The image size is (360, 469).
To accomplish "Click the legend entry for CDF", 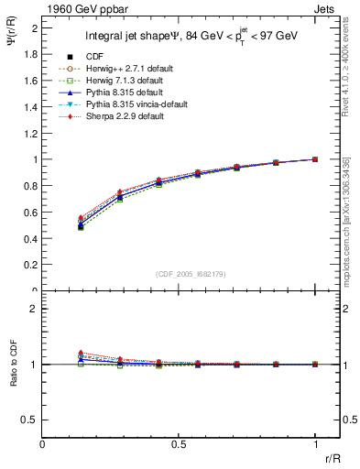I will [93, 57].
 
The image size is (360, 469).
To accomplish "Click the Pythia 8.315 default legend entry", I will [117, 93].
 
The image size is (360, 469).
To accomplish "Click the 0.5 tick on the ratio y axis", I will [32, 420].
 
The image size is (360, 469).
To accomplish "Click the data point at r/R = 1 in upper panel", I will [315, 159].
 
